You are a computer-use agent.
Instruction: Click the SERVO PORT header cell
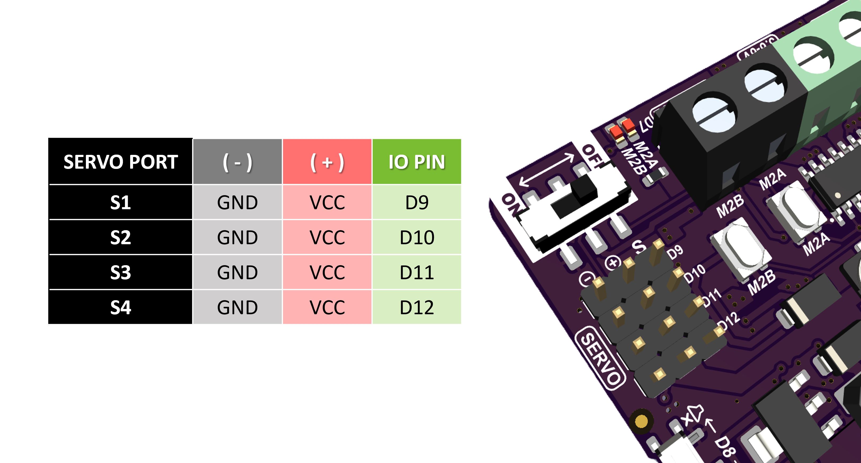[120, 162]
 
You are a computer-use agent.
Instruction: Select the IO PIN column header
[416, 162]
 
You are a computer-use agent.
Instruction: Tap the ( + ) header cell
[327, 162]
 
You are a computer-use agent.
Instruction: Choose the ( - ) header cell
[237, 162]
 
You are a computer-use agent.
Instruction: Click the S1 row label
[120, 203]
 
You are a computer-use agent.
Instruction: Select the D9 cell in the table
[416, 203]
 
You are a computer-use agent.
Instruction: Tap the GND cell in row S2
[237, 237]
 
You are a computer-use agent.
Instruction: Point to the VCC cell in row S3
[327, 272]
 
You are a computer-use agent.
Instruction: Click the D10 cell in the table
[416, 237]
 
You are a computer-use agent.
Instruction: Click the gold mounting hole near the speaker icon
[641, 421]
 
